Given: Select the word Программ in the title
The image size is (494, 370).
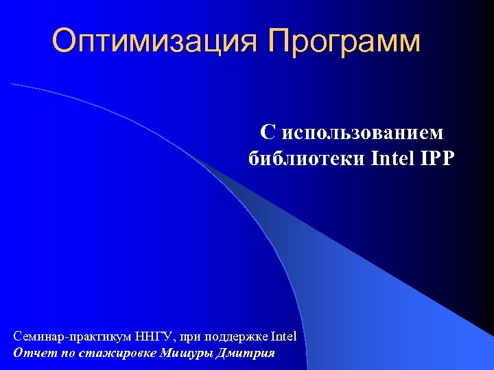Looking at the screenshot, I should tap(344, 42).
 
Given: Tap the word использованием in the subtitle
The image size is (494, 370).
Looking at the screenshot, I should tap(363, 132).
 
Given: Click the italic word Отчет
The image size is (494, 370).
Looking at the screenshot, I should tap(30, 354).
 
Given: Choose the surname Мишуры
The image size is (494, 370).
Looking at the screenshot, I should tap(186, 354).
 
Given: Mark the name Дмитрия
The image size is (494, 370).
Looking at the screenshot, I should tap(245, 354).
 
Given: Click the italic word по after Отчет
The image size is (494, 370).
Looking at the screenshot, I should tap(60, 354).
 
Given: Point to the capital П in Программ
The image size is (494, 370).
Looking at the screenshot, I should tap(280, 41).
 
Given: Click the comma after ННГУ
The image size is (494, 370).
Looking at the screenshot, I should tap(176, 340).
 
